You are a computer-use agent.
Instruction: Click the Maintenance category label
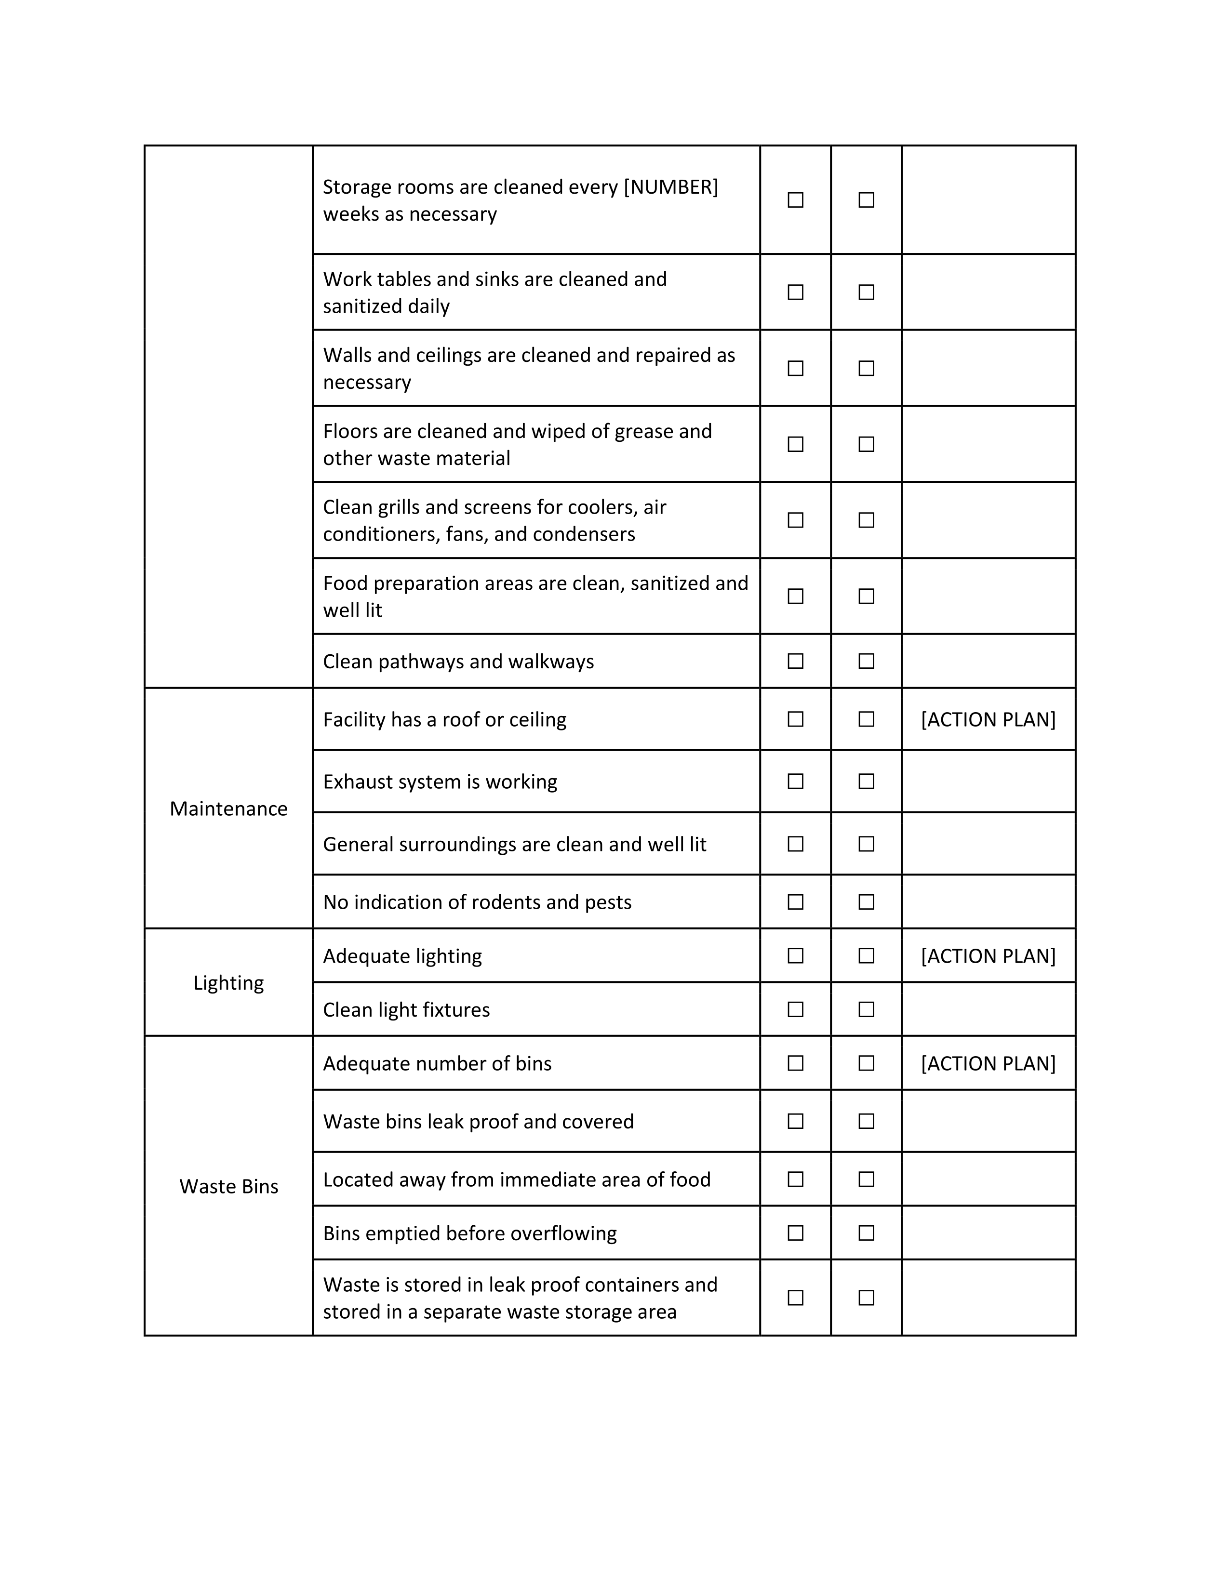(228, 809)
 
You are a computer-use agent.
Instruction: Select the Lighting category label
(228, 983)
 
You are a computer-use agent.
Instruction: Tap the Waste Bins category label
(228, 1187)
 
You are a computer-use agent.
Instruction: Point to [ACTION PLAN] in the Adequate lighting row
(988, 956)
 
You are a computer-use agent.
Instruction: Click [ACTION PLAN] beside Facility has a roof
(988, 719)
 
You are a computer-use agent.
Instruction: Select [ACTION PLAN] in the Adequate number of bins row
(988, 1064)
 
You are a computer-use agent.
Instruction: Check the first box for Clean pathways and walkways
(795, 661)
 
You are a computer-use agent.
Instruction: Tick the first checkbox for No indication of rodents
(795, 902)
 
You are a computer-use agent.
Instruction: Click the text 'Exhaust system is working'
(440, 782)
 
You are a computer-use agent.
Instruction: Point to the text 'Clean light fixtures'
(406, 1010)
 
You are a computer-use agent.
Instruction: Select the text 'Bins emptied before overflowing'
(469, 1233)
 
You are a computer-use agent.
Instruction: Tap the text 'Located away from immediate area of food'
(516, 1179)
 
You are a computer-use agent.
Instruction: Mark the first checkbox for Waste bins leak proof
(795, 1121)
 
